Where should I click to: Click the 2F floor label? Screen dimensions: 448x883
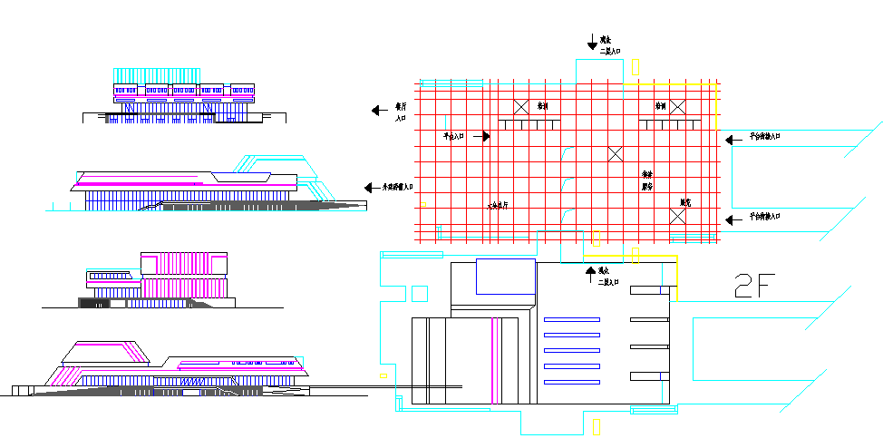[x=753, y=286]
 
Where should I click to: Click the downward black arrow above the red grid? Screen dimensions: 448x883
[x=591, y=41]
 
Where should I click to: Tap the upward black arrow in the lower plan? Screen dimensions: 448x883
[x=591, y=270]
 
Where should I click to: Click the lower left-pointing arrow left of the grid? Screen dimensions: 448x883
[x=372, y=187]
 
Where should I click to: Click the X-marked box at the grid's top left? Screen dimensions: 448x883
[x=521, y=107]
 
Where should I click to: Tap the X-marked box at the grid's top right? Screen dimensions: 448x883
[x=674, y=107]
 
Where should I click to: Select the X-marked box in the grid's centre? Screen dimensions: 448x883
[x=616, y=153]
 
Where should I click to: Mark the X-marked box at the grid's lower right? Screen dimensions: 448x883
[x=676, y=217]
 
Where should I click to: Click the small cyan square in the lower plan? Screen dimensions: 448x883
[x=419, y=293]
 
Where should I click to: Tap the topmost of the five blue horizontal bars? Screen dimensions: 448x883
[x=571, y=319]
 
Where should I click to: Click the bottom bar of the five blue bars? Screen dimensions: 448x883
[x=571, y=381]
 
